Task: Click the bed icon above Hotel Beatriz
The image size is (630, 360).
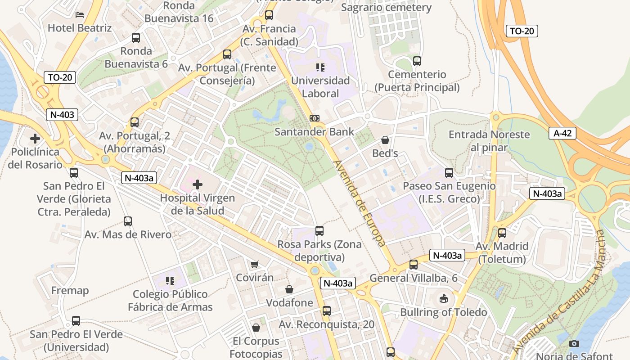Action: pos(80,15)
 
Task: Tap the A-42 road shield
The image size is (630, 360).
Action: pos(562,133)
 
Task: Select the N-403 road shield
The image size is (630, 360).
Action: pos(62,114)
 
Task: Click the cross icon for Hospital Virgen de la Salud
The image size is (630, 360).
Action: pos(197,184)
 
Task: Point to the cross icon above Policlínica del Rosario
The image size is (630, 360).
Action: pos(35,139)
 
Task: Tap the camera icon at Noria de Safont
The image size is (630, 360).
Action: pos(574,343)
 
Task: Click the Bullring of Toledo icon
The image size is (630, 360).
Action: pos(443,298)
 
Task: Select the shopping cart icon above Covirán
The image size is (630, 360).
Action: pos(255,264)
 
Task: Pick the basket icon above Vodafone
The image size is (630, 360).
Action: pos(289,289)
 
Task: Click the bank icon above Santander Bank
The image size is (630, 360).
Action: pos(315,118)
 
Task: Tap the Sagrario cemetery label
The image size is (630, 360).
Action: pos(386,8)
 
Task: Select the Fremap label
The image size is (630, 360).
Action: pos(70,290)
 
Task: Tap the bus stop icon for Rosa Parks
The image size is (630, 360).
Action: pos(319,231)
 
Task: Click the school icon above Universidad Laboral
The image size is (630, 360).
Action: pos(320,67)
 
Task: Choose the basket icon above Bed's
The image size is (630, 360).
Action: pos(385,140)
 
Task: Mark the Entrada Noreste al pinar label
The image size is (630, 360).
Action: pos(489,141)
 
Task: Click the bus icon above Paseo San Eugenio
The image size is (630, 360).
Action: pos(449,172)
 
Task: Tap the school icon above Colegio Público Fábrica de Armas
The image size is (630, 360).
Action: pos(170,281)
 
